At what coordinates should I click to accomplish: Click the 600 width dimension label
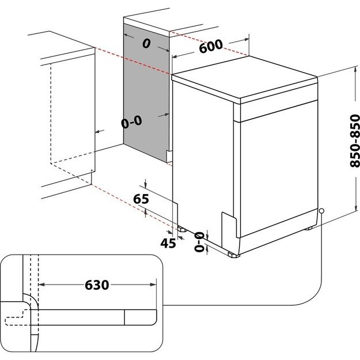point(211,47)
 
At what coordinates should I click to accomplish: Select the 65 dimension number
point(141,199)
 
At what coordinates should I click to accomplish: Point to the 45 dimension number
point(168,243)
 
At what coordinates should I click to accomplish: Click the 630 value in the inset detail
point(97,285)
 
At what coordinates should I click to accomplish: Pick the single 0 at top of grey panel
point(146,43)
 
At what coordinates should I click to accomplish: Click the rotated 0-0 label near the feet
point(199,242)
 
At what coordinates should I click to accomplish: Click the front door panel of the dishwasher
point(276,167)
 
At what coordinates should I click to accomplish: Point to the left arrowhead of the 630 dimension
point(42,284)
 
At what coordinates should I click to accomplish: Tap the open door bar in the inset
point(98,316)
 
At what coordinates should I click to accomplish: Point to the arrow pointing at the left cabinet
point(99,131)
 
